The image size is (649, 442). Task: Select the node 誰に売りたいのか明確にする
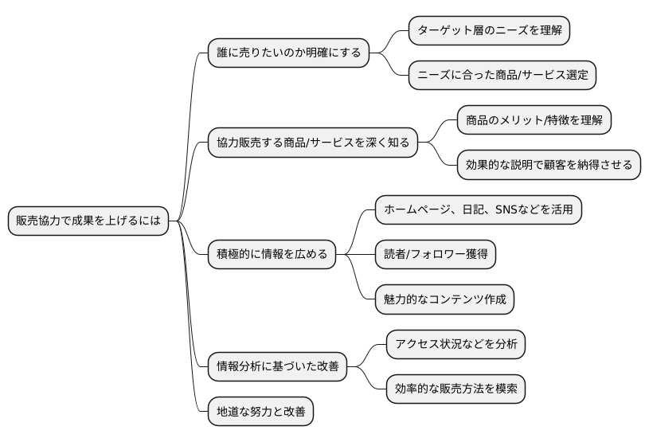288,53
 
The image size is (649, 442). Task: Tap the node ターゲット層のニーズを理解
490,31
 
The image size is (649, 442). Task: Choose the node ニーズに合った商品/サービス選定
502,76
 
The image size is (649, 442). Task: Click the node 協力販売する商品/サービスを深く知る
312,143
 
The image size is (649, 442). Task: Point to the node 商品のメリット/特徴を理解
534,120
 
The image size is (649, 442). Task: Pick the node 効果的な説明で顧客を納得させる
549,165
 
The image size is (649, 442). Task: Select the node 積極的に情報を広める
272,255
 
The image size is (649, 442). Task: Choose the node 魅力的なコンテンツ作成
444,299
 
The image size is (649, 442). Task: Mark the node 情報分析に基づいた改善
277,366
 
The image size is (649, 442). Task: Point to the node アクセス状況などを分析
455,344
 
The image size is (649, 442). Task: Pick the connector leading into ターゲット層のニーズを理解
394,38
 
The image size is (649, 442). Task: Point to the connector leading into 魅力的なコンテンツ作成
358,283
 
